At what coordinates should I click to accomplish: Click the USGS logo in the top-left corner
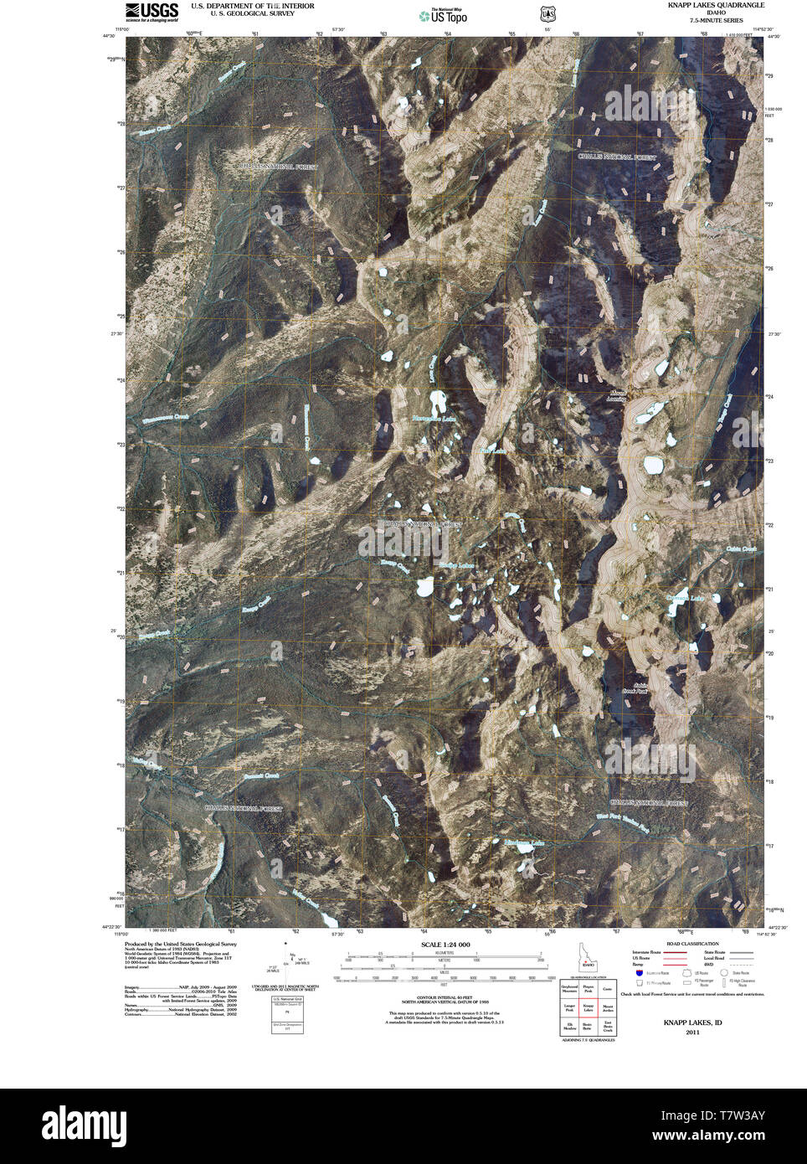tap(151, 11)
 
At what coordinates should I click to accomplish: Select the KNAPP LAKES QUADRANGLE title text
tap(715, 5)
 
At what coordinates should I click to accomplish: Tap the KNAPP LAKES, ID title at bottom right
tap(692, 1022)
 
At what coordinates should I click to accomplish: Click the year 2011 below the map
tap(692, 1032)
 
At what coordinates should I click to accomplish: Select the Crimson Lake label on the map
tap(686, 598)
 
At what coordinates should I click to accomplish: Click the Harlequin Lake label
tap(433, 418)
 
